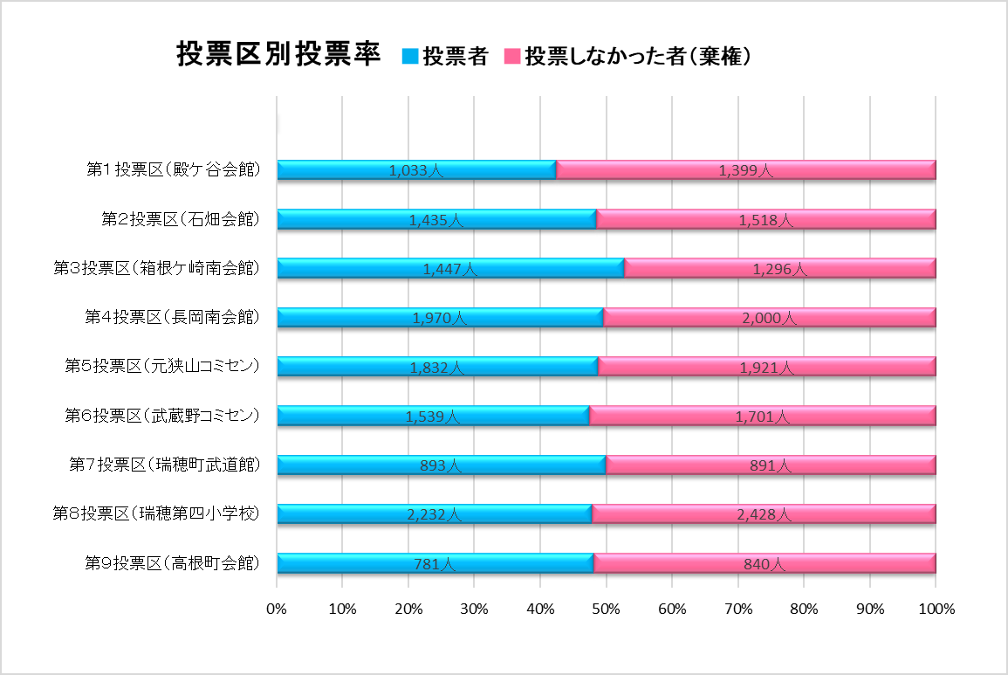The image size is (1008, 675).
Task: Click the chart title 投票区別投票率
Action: tap(278, 55)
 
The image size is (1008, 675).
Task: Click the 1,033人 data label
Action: tap(416, 171)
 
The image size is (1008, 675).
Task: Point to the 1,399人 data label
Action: tap(746, 171)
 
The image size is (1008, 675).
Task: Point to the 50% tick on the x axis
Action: tap(607, 609)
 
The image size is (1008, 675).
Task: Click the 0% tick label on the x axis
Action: tap(277, 609)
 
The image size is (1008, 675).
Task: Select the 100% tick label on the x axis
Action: tap(936, 609)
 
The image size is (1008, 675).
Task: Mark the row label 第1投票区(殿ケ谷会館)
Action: tap(173, 170)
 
